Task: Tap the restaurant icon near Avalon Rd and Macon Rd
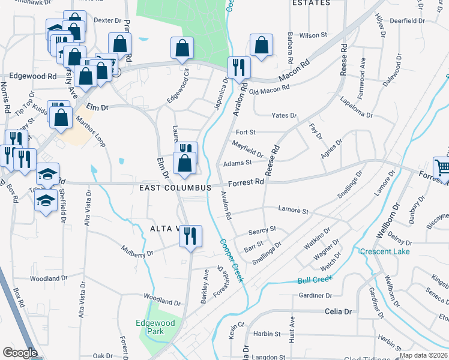(x=238, y=67)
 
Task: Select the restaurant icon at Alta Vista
(x=190, y=236)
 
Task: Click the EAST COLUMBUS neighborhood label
(x=175, y=188)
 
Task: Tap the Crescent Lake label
(x=385, y=251)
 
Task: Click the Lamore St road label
(x=293, y=211)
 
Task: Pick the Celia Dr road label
(x=338, y=311)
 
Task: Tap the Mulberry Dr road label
(x=137, y=254)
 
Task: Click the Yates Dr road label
(x=284, y=115)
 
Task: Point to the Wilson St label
(x=313, y=35)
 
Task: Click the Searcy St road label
(x=262, y=229)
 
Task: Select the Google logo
(x=20, y=353)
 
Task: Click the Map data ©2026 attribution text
(x=424, y=355)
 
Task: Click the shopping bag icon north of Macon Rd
(x=261, y=45)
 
